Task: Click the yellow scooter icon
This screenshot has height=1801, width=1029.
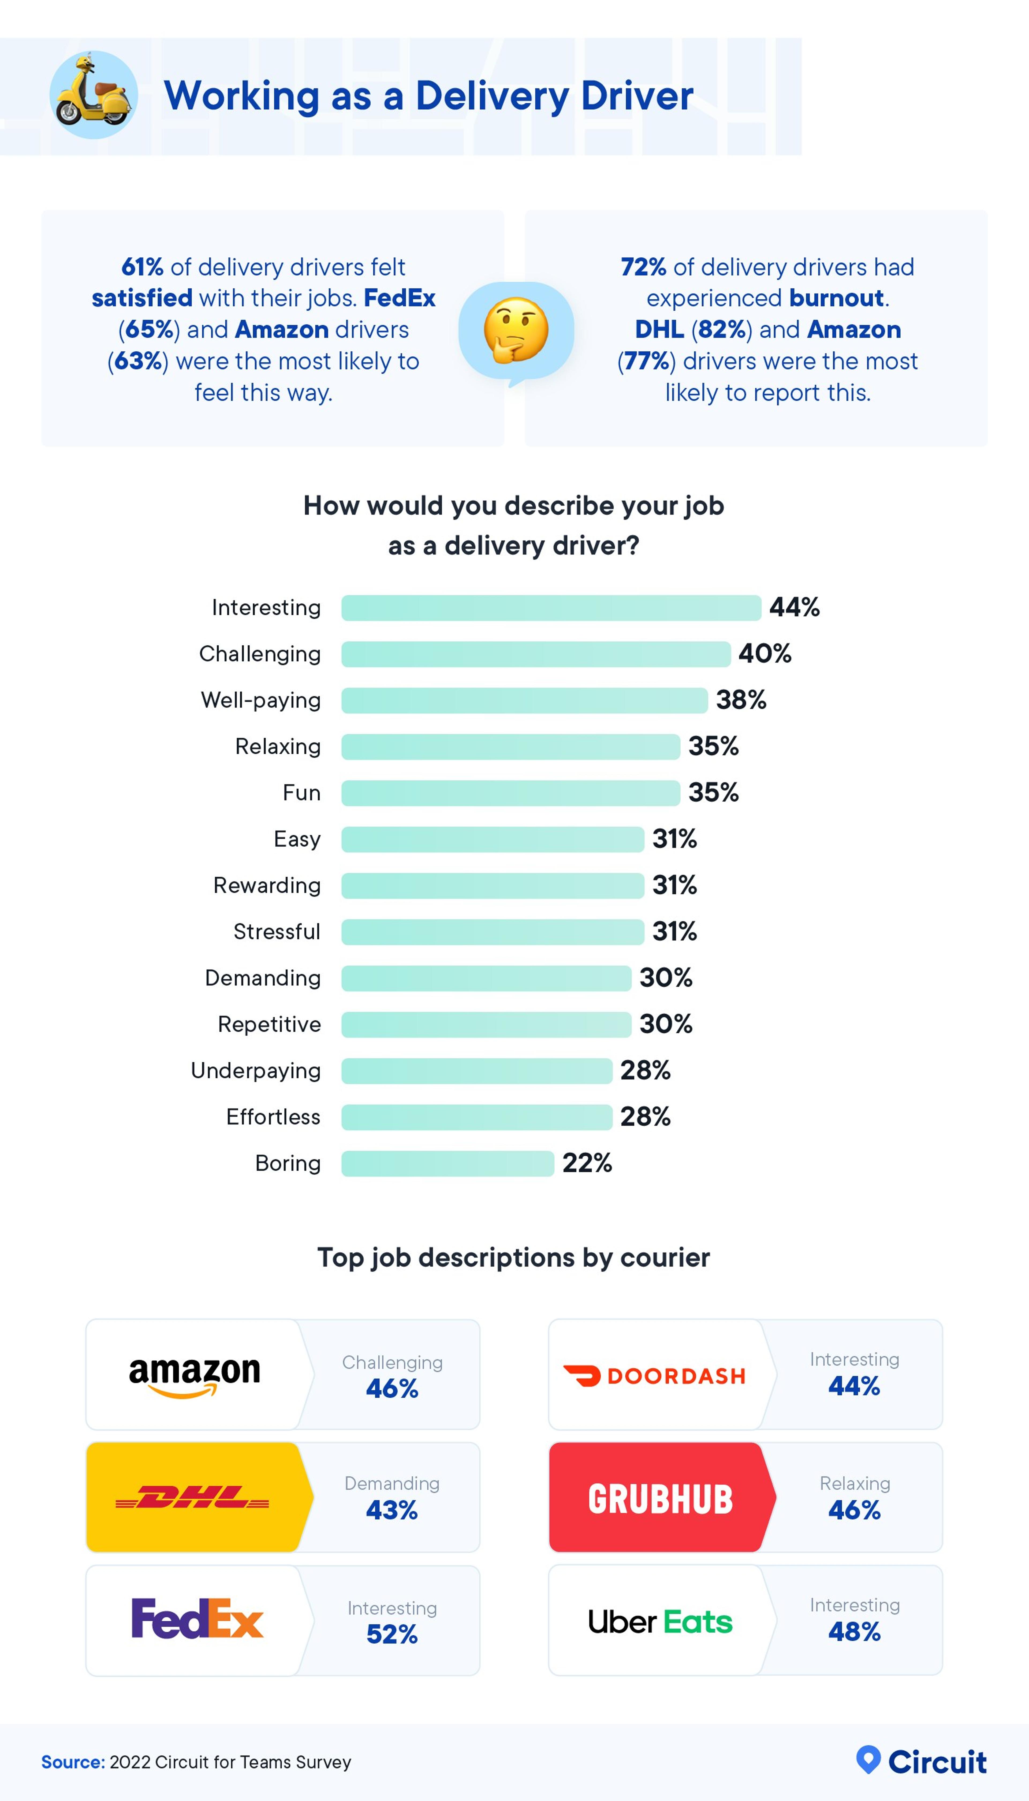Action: coord(93,94)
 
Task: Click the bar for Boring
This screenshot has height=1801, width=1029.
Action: coord(447,1163)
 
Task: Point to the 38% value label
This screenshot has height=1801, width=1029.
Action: coord(741,700)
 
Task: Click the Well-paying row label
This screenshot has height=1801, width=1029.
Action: coord(261,700)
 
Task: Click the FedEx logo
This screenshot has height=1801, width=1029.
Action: coord(197,1619)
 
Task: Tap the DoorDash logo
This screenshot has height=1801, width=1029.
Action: coord(654,1375)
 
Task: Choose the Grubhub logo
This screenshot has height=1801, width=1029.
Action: coord(660,1498)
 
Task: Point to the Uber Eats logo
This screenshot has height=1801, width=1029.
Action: coord(660,1621)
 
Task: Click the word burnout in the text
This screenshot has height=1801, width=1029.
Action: coord(836,298)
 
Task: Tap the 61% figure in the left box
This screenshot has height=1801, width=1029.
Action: coord(142,267)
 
